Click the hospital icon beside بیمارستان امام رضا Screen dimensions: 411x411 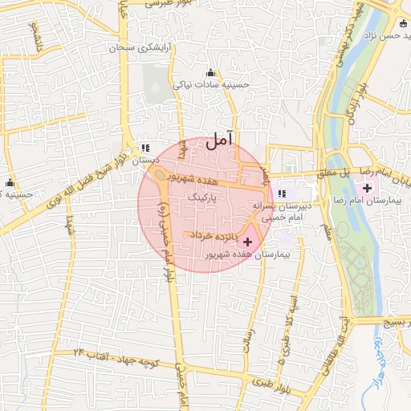click(x=368, y=189)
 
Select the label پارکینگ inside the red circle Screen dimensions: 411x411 click(x=201, y=195)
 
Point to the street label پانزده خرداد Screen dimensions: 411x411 click(x=221, y=237)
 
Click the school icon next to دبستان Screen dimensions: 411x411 click(x=145, y=148)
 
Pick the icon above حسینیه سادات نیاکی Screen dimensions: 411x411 click(x=211, y=72)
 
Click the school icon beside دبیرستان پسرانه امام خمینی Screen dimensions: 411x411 click(x=282, y=193)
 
